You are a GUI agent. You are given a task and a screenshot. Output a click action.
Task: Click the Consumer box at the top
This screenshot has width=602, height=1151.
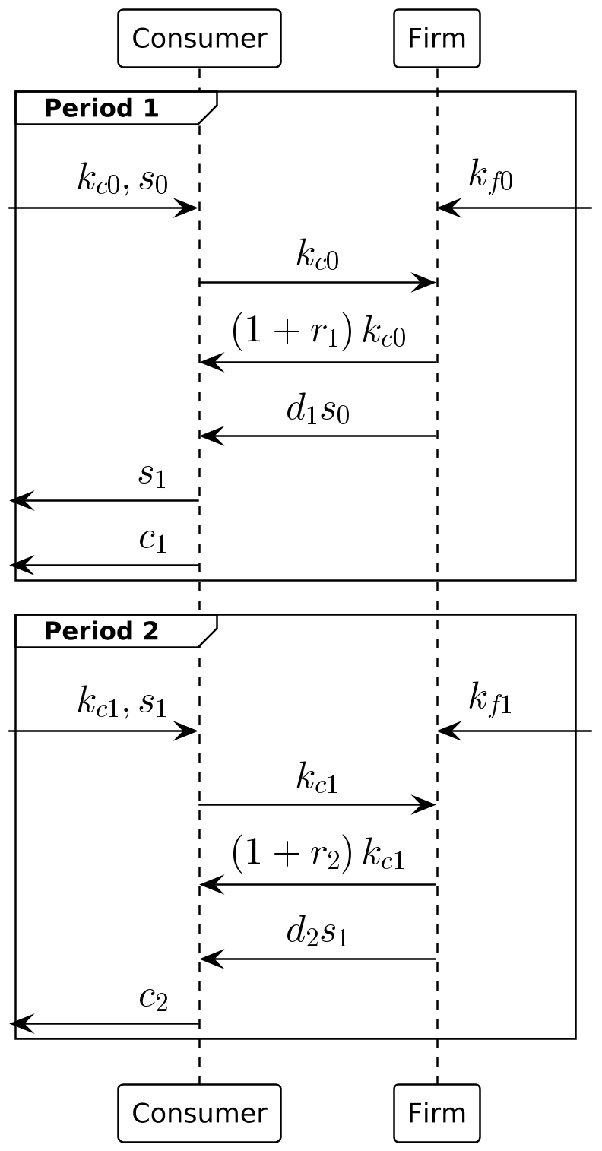coord(199,38)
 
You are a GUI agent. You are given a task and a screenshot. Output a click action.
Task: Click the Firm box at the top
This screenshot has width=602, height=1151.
coord(436,38)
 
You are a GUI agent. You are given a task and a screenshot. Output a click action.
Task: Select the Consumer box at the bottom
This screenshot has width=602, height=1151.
coord(199,1113)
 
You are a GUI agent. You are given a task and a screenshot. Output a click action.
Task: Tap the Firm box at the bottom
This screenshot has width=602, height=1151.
coord(436,1113)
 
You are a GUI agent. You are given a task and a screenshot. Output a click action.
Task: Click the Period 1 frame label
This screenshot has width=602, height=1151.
coord(102,109)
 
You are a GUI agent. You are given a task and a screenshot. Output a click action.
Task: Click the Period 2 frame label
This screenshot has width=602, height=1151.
coord(102,631)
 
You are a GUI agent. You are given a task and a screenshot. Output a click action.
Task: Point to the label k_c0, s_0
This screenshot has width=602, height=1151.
coord(122,179)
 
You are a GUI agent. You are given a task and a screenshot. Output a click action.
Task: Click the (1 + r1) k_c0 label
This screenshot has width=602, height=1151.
coord(318,332)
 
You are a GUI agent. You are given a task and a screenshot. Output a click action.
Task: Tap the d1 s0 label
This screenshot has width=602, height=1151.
coord(318,410)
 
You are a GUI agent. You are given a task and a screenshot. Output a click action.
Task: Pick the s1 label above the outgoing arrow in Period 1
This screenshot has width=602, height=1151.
coord(152,476)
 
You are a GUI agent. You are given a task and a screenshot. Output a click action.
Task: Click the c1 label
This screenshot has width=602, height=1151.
coord(152,541)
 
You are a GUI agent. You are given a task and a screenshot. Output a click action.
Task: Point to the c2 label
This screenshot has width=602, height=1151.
coord(153,999)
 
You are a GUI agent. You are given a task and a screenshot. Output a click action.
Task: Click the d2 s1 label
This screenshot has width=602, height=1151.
coord(318,933)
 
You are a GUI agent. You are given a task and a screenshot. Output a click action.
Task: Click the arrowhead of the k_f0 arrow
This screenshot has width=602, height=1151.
coord(448,208)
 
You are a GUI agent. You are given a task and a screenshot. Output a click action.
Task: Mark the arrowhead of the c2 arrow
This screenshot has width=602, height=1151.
coord(21,1024)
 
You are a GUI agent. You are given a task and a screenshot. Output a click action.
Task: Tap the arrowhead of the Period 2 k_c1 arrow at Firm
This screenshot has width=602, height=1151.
coord(424,805)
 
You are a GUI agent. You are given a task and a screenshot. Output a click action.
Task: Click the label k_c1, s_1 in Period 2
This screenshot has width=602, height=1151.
coord(122,702)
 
